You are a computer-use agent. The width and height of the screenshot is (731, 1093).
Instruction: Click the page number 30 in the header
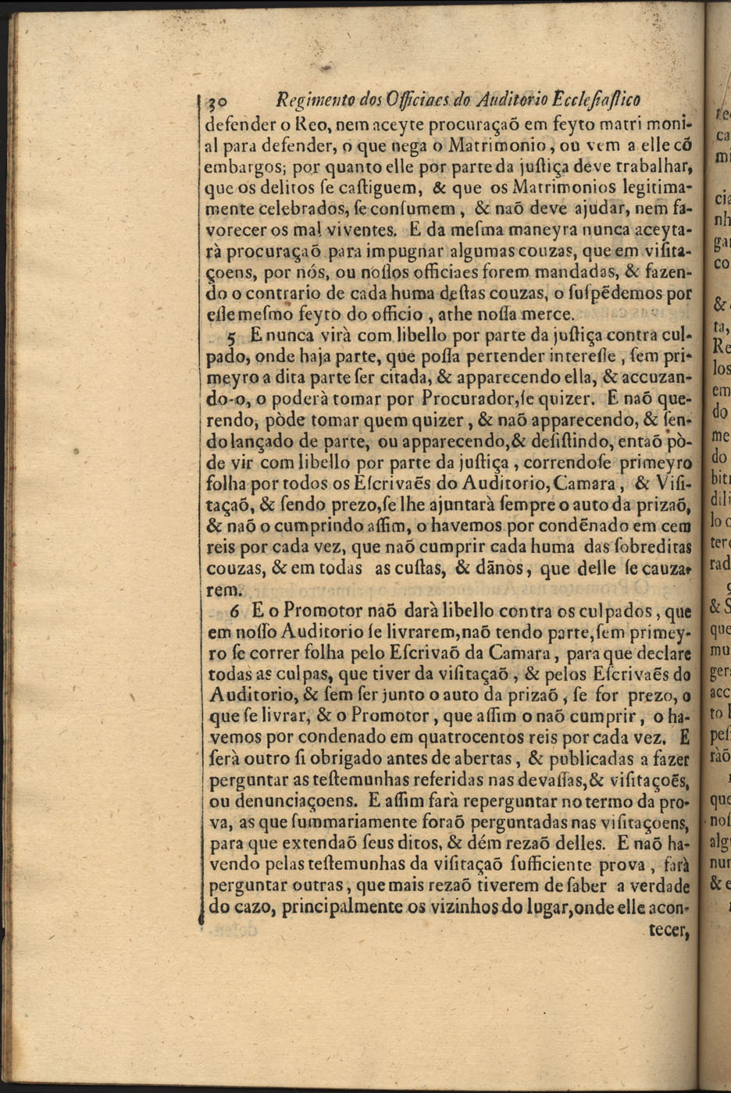[216, 101]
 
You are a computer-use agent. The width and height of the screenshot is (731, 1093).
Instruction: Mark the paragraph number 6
[234, 611]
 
